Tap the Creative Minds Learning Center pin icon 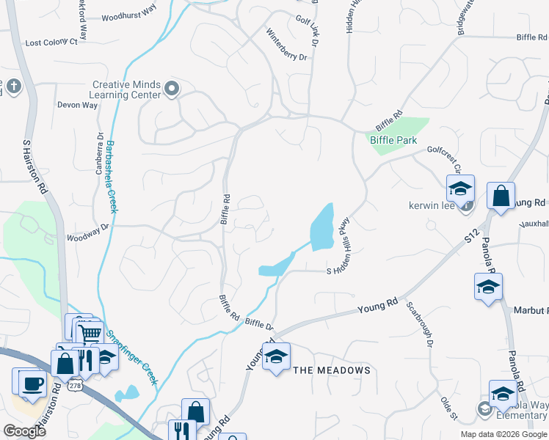pos(172,89)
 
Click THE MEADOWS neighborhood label pos(332,371)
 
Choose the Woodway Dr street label pos(87,237)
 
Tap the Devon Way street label pos(78,105)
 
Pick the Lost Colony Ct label pos(51,43)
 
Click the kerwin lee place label pos(433,205)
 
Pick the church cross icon pos(12,87)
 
